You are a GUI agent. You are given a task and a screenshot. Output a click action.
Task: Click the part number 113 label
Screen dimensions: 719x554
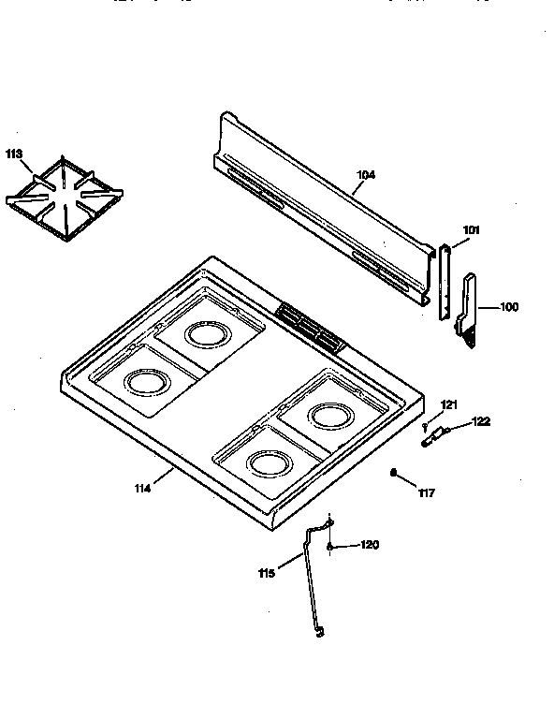point(16,155)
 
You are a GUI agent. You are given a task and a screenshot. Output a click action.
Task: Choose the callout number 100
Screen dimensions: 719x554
point(508,307)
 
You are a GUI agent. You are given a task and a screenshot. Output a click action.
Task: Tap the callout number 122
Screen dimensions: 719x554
point(480,421)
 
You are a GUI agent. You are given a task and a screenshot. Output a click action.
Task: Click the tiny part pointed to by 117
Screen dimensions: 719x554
point(394,472)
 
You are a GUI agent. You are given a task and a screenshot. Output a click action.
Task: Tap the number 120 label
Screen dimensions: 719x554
point(371,546)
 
